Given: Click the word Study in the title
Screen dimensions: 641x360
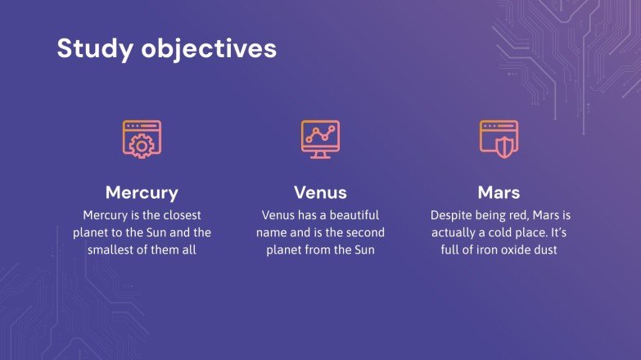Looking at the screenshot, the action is tap(95, 49).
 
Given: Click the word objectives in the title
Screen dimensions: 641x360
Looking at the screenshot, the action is tap(209, 49).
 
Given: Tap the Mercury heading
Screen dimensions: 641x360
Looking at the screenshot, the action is tap(142, 193).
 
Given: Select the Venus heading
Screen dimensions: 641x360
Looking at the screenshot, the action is tap(320, 192).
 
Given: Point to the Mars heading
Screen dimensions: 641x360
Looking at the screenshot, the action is tap(499, 192).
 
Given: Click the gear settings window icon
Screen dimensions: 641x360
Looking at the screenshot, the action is tap(142, 139).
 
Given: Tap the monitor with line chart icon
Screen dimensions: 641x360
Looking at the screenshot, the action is tap(320, 139).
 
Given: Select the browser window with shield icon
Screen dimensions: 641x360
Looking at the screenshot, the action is tap(499, 139).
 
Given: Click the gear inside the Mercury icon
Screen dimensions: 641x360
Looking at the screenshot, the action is tap(142, 146).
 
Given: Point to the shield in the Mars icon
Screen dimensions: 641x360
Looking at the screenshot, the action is tap(505, 147).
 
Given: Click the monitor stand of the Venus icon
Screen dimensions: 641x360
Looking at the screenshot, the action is tap(320, 155).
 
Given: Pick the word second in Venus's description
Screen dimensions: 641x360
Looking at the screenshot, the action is tap(364, 232).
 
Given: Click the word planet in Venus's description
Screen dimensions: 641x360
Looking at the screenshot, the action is tap(285, 250).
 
